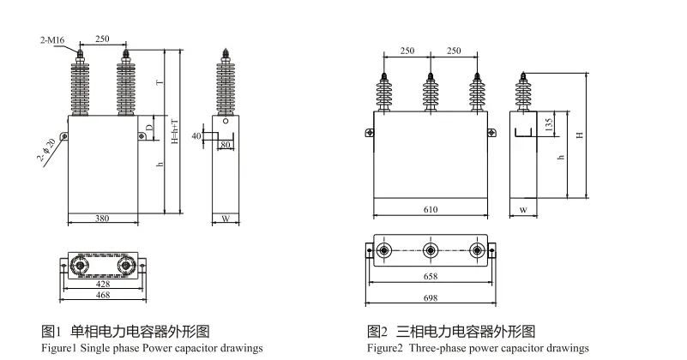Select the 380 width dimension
[x=101, y=218]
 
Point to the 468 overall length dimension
[x=101, y=294]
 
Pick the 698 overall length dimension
[x=430, y=297]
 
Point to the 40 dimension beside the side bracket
[x=196, y=136]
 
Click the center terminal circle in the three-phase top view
[x=430, y=250]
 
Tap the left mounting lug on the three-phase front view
[x=369, y=132]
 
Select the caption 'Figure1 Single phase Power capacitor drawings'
[x=153, y=349]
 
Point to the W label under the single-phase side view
[x=225, y=219]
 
